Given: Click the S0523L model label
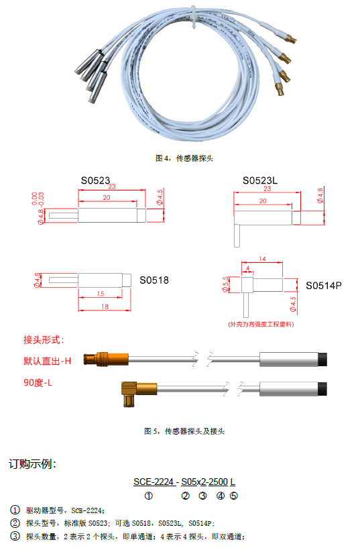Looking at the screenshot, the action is [259, 180].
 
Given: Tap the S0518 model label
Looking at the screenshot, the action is [154, 280].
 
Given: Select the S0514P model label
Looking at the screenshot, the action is [324, 286].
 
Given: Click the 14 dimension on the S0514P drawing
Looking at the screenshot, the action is [262, 259].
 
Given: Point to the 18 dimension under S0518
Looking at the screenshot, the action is [105, 307].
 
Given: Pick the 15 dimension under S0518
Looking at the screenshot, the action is [101, 294].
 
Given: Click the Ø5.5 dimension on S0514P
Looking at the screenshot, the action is [225, 284].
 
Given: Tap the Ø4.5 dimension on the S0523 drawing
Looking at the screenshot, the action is [160, 197].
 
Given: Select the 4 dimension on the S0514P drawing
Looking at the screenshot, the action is [247, 268].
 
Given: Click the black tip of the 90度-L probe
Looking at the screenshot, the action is [322, 389].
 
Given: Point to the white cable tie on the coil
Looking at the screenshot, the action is [194, 17].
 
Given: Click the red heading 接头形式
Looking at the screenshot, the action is [44, 339].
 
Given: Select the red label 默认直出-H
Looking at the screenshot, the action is [48, 361].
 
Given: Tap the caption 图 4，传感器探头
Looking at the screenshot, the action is [184, 158].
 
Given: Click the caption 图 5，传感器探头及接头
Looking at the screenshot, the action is [184, 431].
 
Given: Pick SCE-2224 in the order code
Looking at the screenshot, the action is [153, 482].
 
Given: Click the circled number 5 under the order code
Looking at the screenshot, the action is [234, 496].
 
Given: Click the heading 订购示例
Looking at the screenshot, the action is [32, 463].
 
